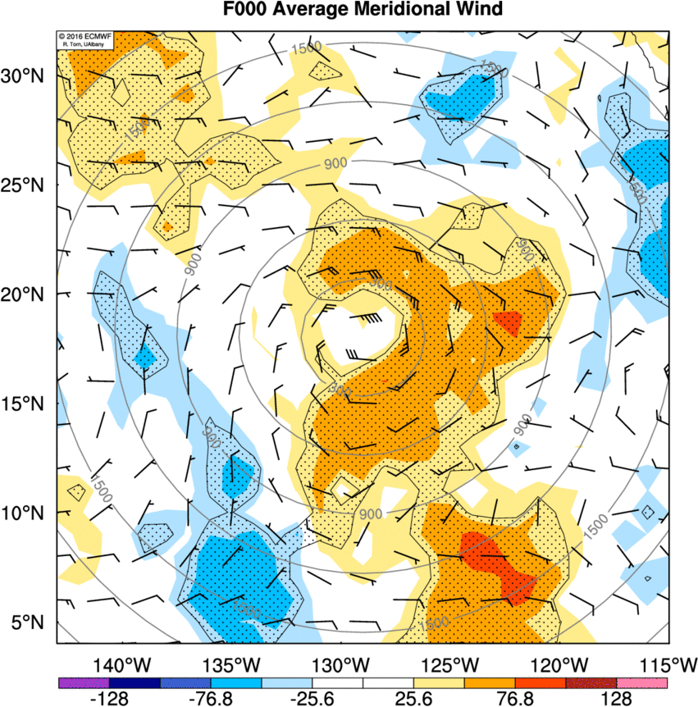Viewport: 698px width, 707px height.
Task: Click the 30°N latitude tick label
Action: pyautogui.click(x=26, y=75)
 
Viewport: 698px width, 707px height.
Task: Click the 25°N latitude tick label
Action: pyautogui.click(x=26, y=185)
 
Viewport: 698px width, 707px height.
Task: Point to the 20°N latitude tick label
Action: pyautogui.click(x=26, y=294)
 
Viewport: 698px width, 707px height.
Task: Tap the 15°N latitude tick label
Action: pyautogui.click(x=26, y=404)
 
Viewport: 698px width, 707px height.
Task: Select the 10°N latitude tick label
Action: pyautogui.click(x=26, y=513)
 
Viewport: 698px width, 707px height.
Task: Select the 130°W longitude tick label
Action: pyautogui.click(x=340, y=663)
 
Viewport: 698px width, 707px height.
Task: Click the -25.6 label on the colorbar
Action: pyautogui.click(x=312, y=698)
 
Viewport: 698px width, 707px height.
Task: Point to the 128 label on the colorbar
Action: pyautogui.click(x=616, y=698)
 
